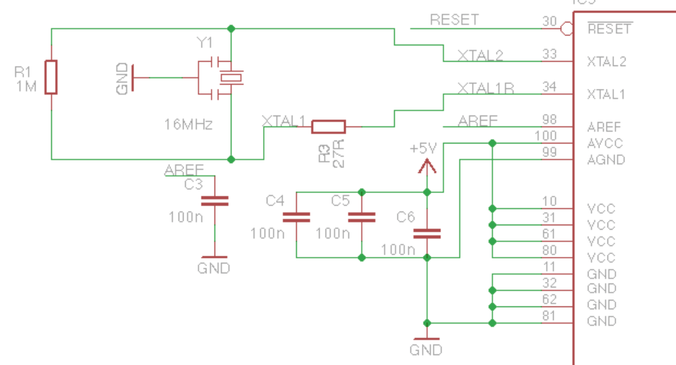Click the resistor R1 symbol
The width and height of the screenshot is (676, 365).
click(x=51, y=77)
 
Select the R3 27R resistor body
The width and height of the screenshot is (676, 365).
click(x=328, y=127)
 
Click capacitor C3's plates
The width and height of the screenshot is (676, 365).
click(x=215, y=201)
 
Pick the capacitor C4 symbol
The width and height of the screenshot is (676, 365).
click(x=296, y=217)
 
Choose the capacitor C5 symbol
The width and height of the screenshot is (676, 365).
click(x=361, y=217)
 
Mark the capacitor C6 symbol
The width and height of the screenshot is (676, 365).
click(x=427, y=234)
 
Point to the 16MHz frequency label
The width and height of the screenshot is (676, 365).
click(x=188, y=124)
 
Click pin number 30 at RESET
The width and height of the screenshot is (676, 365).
click(x=549, y=21)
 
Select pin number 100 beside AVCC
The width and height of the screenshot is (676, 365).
click(x=545, y=136)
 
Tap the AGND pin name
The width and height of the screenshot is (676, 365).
click(x=606, y=160)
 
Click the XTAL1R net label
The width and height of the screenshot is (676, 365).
click(x=485, y=88)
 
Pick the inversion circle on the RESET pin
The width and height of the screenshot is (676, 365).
click(x=567, y=29)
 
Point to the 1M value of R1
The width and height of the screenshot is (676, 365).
click(x=26, y=87)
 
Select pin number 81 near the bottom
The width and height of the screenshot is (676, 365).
click(x=549, y=316)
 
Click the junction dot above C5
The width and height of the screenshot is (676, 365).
click(x=361, y=192)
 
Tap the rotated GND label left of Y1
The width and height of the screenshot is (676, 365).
click(x=122, y=78)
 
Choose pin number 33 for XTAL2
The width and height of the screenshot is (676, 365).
click(x=549, y=54)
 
